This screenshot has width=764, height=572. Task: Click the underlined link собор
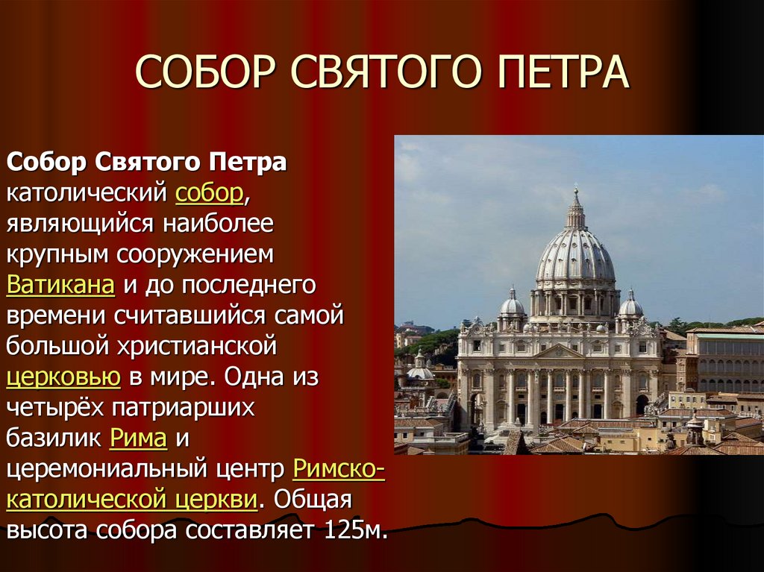click(210, 193)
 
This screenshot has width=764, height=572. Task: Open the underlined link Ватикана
click(60, 285)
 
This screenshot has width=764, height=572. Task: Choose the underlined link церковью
click(63, 377)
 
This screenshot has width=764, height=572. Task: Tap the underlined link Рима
click(137, 438)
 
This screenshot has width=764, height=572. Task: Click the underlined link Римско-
click(339, 469)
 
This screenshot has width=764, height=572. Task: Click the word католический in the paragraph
click(86, 193)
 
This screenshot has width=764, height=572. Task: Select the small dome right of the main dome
click(630, 304)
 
